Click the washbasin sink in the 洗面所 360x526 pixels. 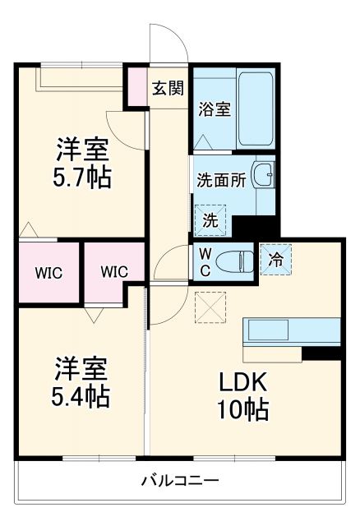click(262, 175)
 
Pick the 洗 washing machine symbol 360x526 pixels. click(210, 220)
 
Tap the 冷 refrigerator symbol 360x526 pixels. click(275, 260)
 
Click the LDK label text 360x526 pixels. click(240, 382)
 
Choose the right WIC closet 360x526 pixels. click(114, 272)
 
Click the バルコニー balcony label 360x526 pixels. click(179, 481)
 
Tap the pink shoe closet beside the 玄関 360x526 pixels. click(136, 86)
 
